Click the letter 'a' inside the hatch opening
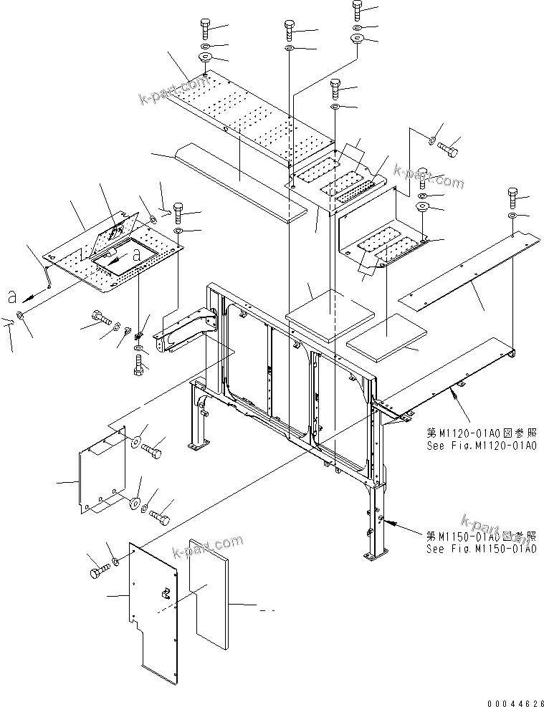pos(135,252)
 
